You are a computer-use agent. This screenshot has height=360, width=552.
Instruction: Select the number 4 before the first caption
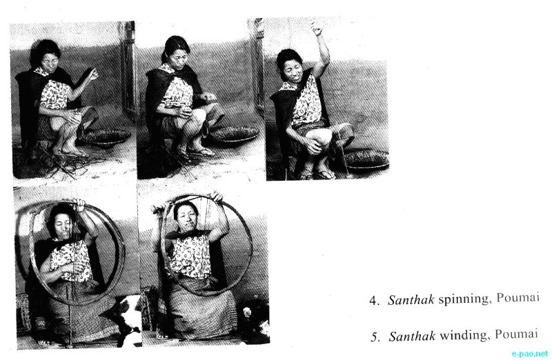(x=373, y=301)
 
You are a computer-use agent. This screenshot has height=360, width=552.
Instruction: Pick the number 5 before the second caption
(x=374, y=337)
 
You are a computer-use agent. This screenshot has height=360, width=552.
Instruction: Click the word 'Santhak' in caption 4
(x=411, y=300)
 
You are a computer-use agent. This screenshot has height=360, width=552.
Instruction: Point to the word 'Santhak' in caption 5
(x=412, y=336)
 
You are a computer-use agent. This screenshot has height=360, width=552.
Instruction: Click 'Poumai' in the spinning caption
(x=518, y=297)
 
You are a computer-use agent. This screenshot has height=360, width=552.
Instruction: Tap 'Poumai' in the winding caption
(x=516, y=333)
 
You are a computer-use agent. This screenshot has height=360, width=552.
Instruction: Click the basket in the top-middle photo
(x=233, y=134)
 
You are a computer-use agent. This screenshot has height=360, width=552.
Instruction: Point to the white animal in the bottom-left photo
(x=128, y=319)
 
